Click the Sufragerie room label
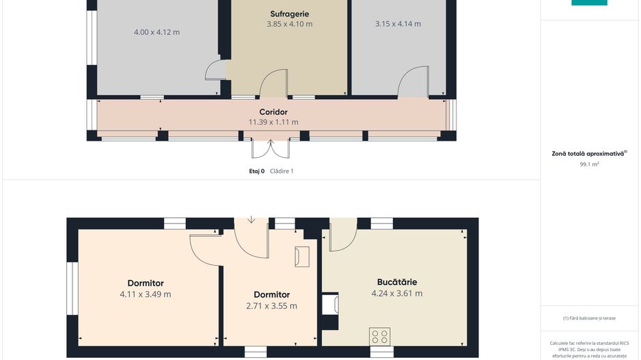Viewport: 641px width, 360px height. (x=290, y=14)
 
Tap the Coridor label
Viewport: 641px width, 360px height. (x=273, y=112)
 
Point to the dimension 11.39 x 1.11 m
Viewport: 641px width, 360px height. (x=273, y=122)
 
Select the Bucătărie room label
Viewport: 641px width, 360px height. (x=397, y=282)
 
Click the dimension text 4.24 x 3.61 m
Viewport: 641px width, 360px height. (x=397, y=293)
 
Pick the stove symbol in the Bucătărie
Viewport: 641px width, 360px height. (x=379, y=337)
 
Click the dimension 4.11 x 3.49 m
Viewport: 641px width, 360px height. (x=146, y=294)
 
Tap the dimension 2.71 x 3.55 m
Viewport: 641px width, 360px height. (x=271, y=305)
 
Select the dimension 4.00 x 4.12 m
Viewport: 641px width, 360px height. (x=156, y=32)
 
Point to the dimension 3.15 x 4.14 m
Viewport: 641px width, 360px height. (x=398, y=24)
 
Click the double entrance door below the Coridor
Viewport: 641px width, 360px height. (x=270, y=149)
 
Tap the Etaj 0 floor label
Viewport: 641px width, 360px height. (x=257, y=171)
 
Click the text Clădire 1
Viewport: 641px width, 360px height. (x=282, y=171)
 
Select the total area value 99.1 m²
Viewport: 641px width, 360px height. (x=589, y=164)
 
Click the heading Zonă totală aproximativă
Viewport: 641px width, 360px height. (x=588, y=154)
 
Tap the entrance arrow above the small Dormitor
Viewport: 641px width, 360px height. (x=251, y=220)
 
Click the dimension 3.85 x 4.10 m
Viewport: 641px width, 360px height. (x=290, y=24)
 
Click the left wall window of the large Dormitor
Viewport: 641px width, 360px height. (x=72, y=288)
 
